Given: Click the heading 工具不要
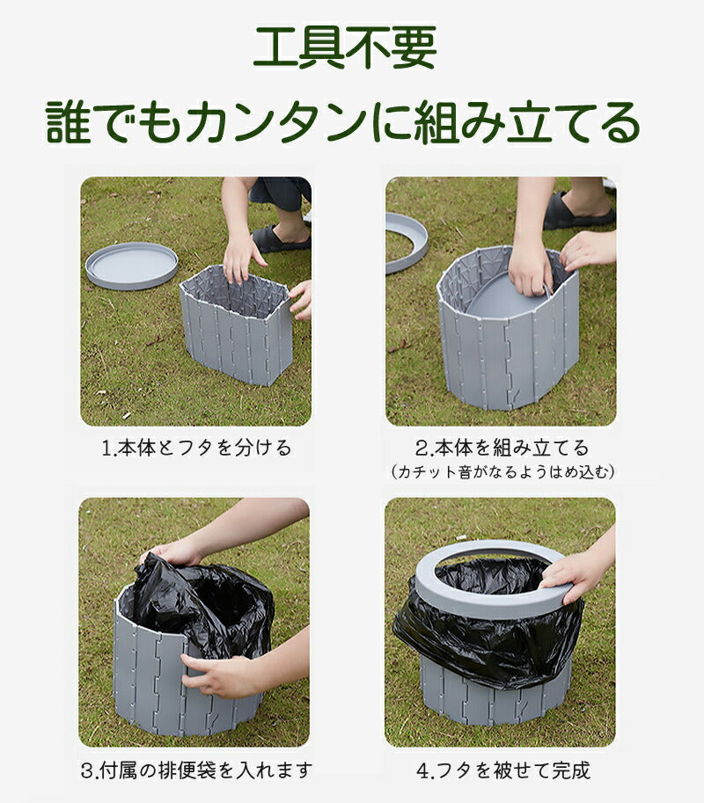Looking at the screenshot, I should click(344, 48).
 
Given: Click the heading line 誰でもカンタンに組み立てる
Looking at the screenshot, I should click(344, 122).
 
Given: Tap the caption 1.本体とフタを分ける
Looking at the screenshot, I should click(195, 448).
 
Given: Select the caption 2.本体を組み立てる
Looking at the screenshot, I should click(502, 448).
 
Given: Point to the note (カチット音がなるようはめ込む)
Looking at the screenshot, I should click(502, 472).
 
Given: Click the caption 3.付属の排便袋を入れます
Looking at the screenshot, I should click(195, 771).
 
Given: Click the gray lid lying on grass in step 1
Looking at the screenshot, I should click(131, 265).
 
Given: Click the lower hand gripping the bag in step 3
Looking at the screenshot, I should click(224, 675).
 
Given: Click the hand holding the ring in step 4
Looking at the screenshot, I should click(576, 573).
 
